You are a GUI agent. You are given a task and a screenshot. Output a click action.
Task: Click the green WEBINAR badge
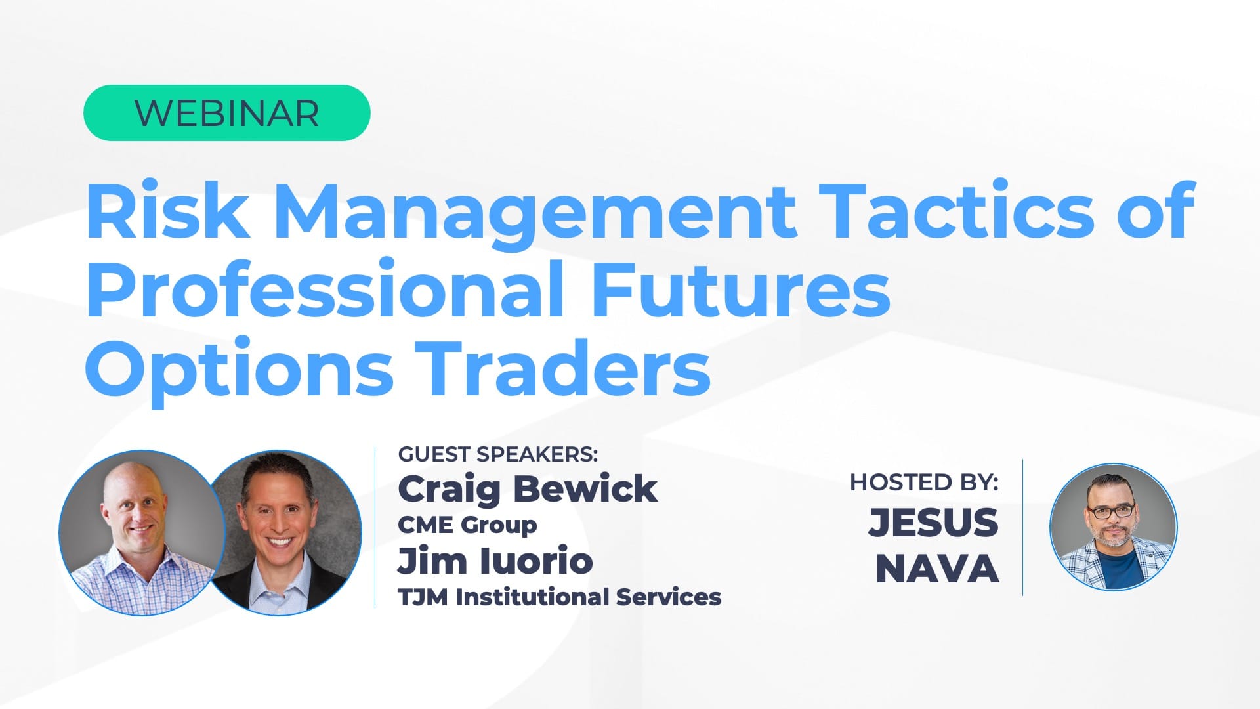226,113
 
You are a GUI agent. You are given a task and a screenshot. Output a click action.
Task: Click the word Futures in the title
740,289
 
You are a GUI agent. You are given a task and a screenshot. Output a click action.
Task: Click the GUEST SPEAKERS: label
498,454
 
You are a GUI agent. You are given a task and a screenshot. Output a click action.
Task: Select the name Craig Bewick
528,489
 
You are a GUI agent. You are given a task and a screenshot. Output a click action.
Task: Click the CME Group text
467,525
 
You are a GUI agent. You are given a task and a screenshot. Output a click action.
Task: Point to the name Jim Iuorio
495,561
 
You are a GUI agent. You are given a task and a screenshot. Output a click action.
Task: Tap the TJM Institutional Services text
560,597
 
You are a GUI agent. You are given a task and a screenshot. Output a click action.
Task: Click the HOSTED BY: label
924,483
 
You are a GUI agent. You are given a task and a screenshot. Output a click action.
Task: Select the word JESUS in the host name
933,523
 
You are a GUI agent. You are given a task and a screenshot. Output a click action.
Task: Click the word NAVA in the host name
937,569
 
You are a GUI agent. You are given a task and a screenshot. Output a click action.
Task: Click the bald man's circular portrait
142,532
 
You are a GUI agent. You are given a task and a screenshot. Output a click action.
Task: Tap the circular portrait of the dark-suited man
283,532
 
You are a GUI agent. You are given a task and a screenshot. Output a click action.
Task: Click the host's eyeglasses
1110,511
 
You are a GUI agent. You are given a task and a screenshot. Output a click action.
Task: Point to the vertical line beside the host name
1022,527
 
